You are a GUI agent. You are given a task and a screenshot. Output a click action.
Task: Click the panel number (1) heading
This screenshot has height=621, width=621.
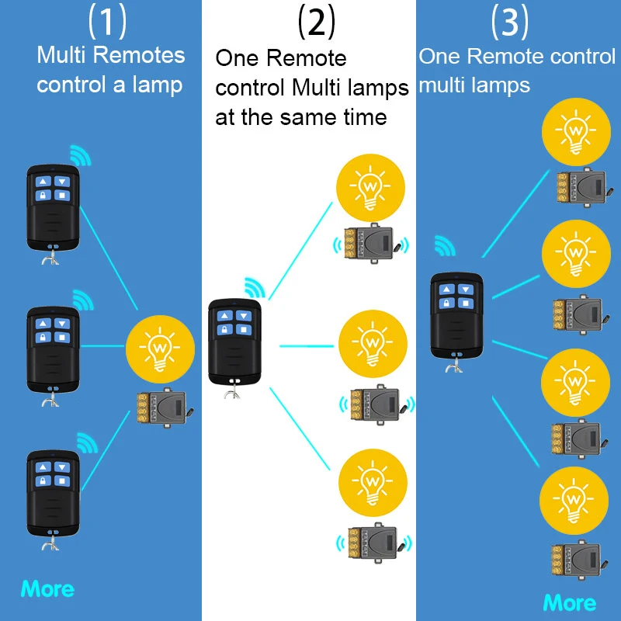coord(107,22)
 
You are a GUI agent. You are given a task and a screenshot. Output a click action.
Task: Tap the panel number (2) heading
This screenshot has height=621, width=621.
coord(316,22)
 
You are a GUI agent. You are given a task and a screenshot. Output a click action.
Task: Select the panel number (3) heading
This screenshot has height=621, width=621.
coord(510,22)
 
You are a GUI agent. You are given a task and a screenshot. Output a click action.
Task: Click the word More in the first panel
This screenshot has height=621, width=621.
coord(48,589)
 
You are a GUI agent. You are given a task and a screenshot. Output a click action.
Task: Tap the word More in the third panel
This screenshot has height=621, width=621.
coord(570,602)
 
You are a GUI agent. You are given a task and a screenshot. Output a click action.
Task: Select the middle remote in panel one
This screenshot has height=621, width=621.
coord(53,349)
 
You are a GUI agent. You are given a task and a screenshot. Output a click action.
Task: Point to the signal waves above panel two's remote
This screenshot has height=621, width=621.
coord(255,287)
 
